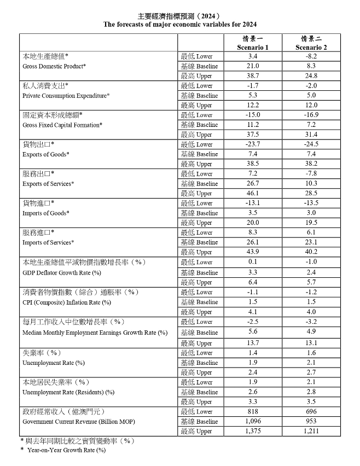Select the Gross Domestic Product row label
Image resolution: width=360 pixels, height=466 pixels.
click(54, 66)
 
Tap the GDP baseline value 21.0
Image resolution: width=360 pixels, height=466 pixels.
click(253, 66)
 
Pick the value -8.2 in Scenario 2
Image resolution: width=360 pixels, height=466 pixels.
click(311, 56)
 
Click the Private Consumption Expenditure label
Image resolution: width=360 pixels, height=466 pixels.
click(66, 96)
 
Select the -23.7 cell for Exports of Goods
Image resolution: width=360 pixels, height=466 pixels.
click(253, 144)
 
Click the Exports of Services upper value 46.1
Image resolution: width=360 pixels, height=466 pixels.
click(253, 193)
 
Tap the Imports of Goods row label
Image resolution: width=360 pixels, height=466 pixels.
click(46, 213)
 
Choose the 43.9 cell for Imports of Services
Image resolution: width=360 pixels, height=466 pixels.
click(253, 252)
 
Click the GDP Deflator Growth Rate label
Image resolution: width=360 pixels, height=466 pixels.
click(62, 272)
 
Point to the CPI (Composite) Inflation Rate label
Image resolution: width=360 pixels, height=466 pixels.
click(67, 302)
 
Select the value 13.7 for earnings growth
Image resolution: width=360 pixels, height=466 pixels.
click(253, 342)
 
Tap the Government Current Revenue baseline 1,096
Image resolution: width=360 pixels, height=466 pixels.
click(253, 422)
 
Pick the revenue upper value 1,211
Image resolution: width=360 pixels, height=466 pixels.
click(311, 432)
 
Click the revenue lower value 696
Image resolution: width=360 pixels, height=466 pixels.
click(311, 412)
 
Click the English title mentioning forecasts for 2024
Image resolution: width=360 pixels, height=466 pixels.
click(180, 25)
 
